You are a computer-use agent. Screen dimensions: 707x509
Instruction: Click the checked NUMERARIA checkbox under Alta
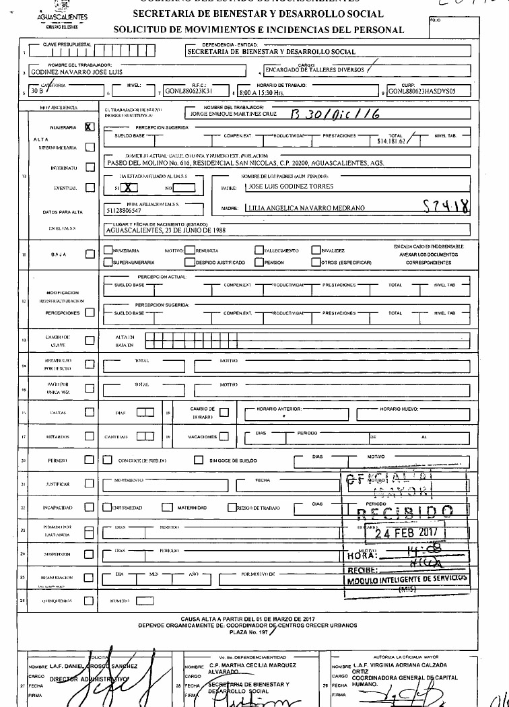click(x=90, y=126)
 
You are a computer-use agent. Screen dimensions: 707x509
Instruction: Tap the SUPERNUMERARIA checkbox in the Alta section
click(x=90, y=146)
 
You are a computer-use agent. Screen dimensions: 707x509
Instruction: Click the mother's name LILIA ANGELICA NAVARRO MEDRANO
click(x=306, y=208)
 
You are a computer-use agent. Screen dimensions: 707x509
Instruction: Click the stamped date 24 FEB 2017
click(x=407, y=532)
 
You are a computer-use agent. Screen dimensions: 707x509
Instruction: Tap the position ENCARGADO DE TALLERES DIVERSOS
click(x=314, y=69)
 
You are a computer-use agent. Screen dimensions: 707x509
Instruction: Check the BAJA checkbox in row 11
click(x=90, y=255)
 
